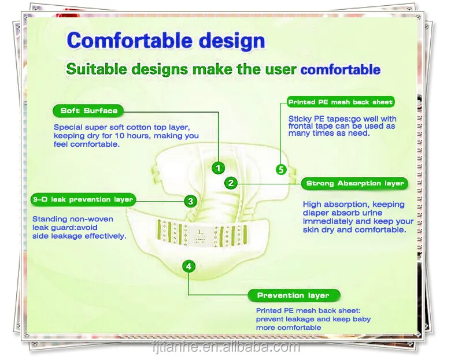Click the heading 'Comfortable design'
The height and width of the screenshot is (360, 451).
[166, 41]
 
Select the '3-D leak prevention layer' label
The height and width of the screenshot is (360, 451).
[83, 200]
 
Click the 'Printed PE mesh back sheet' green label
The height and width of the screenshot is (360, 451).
[341, 102]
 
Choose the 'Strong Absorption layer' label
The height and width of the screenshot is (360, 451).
[354, 184]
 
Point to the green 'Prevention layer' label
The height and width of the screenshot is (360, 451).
[293, 295]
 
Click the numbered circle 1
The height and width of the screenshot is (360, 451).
[217, 168]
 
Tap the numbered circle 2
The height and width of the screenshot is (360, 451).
[231, 183]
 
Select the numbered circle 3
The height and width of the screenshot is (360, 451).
[190, 201]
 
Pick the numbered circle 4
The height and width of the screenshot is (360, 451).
[188, 266]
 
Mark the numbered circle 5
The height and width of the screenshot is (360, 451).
[281, 169]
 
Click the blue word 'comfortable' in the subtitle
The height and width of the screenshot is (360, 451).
[341, 70]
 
